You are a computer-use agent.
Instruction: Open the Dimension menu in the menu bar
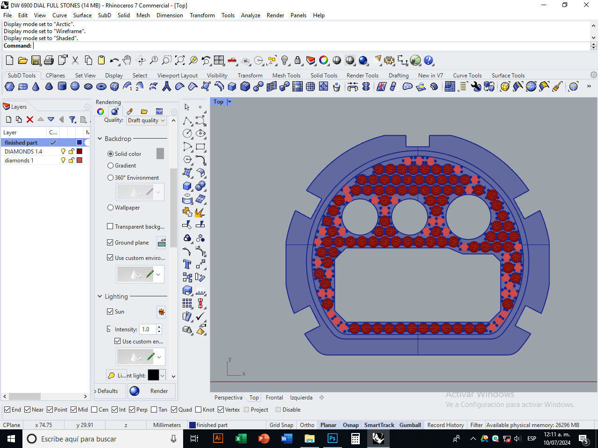[170, 15]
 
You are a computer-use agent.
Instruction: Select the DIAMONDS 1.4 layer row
[23, 151]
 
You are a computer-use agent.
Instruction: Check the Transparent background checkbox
[110, 226]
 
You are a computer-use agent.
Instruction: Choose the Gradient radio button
[111, 166]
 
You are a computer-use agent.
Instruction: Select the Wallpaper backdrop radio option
[111, 208]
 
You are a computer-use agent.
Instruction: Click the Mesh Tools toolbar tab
[286, 75]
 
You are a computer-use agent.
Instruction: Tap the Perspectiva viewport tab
[228, 398]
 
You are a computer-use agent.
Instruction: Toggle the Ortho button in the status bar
[307, 425]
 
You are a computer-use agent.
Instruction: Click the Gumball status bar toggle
[410, 425]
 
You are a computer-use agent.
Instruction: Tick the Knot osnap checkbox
[199, 410]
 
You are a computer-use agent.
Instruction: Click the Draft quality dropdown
[146, 120]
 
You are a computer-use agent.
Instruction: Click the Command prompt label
[18, 46]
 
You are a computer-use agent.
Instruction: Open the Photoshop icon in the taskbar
[332, 439]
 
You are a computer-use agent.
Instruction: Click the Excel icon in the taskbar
[241, 439]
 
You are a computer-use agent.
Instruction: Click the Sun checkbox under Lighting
[110, 312]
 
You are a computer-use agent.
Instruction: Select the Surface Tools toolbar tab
[508, 75]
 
